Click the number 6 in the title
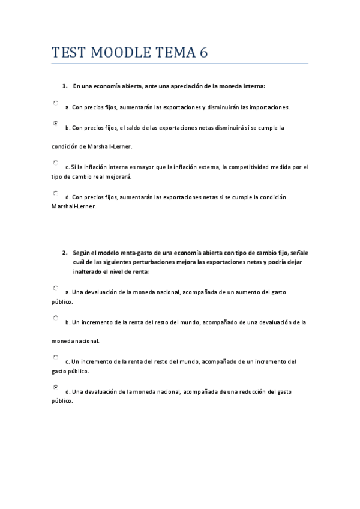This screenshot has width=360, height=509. (204, 53)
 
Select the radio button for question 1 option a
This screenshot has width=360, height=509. (56, 103)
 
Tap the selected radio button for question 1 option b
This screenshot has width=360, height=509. (56, 123)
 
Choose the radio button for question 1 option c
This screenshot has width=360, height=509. (56, 162)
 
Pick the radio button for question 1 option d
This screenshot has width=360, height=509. (56, 193)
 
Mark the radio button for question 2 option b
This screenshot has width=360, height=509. (56, 318)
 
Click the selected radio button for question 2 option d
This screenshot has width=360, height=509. (56, 387)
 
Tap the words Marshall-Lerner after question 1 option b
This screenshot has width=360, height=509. (110, 146)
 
